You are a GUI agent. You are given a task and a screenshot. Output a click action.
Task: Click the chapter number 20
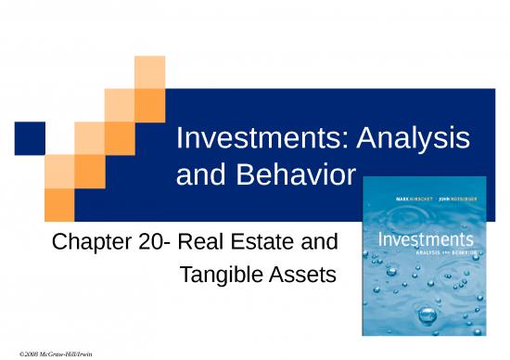153,245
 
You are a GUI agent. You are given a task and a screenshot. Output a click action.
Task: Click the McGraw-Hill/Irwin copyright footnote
49,354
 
